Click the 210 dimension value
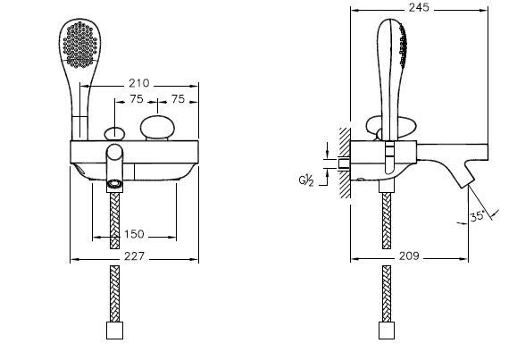point(138,83)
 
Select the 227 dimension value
point(134,256)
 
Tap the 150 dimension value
point(134,234)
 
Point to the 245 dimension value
point(419,7)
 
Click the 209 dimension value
point(409,256)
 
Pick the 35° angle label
point(477,216)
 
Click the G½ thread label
point(306,180)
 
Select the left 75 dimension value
point(137,99)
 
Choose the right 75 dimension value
point(178,99)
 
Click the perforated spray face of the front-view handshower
point(80,45)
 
